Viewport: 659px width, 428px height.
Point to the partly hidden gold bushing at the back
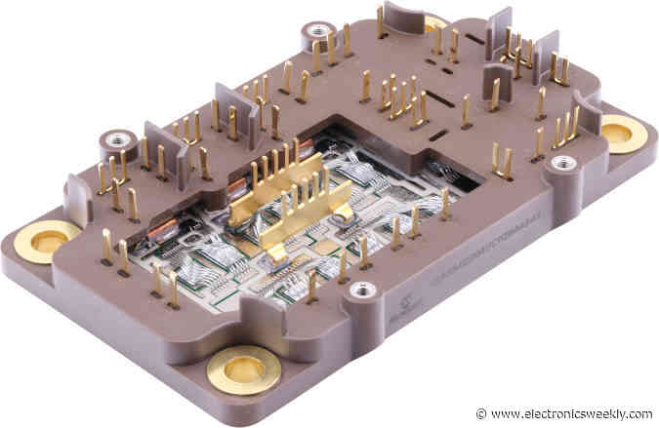coord(435,21)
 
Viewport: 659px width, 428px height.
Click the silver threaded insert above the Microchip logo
coord(363,290)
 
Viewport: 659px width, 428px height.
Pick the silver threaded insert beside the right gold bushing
coord(563,163)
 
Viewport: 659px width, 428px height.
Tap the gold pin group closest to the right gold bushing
coord(564,126)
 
